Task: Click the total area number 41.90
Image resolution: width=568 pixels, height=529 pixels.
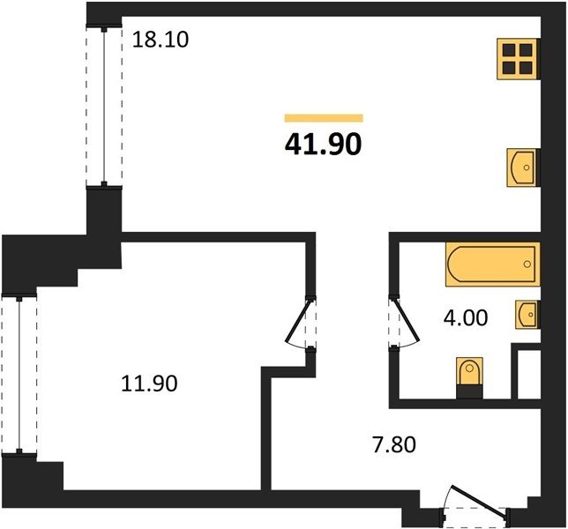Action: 323,144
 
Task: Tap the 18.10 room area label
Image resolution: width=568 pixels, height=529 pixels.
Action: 161,40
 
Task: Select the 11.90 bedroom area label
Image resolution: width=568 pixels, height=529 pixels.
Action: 149,384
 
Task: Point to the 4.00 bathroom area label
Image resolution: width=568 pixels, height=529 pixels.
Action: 466,318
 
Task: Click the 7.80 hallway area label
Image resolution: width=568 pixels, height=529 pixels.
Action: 394,444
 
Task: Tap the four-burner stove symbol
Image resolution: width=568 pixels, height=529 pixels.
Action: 517,59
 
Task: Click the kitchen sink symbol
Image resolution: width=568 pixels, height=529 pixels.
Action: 522,168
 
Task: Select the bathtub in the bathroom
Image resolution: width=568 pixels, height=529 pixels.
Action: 492,264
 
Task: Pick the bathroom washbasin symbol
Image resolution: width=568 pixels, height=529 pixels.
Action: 527,314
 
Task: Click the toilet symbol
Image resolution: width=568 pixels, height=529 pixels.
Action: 469,371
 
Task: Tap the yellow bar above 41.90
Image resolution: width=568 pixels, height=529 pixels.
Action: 324,118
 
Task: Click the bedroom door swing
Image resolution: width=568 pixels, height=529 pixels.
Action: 299,323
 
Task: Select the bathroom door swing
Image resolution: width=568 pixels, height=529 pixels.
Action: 406,322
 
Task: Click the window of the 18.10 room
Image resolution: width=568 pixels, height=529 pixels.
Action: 104,107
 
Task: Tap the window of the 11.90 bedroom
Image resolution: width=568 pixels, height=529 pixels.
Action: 19,375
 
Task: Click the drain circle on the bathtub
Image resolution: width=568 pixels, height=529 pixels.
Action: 527,264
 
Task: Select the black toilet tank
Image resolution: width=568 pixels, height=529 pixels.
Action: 469,392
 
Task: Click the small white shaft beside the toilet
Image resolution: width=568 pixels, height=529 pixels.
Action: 529,375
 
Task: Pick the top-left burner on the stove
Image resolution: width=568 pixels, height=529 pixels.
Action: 509,50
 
